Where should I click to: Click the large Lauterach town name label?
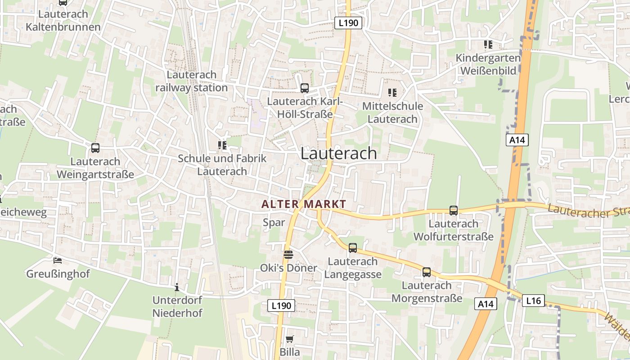338,153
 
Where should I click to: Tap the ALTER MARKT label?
304,204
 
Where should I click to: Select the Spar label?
274,222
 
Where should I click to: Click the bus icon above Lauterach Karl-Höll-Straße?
305,88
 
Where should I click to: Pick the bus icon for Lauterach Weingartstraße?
95,148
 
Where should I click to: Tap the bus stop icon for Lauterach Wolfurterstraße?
454,211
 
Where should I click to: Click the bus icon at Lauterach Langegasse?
353,248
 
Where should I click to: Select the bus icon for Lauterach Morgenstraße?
426,272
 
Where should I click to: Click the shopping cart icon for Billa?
290,339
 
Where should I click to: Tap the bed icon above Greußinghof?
58,261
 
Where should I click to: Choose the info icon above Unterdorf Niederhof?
177,287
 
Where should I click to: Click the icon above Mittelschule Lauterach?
392,93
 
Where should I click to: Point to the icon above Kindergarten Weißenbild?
488,45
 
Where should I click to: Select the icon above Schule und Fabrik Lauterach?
222,145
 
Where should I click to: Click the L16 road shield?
533,301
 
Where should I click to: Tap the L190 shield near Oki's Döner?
282,306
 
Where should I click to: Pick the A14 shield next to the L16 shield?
486,304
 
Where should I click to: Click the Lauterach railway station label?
192,81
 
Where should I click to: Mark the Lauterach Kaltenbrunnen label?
63,21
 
